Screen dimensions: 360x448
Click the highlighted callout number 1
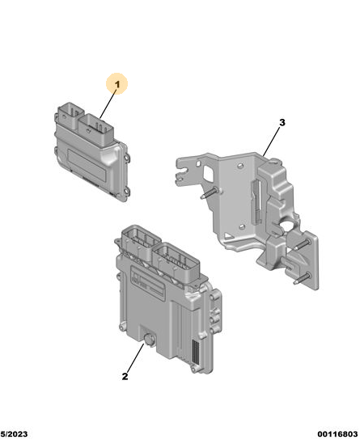click(117, 84)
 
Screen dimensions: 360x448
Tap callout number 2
click(125, 376)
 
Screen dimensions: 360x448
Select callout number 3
click(282, 123)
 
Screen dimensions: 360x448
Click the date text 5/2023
click(14, 434)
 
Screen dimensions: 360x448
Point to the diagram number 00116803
click(337, 434)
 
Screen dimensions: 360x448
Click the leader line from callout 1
click(108, 104)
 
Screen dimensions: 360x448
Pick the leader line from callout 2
click(134, 357)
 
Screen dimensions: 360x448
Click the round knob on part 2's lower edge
click(149, 340)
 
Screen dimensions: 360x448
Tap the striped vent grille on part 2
click(196, 352)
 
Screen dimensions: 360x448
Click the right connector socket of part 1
click(96, 129)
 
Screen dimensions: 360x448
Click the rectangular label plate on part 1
click(87, 166)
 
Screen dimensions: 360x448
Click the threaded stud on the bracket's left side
click(210, 192)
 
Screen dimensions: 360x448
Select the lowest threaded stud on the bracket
click(302, 278)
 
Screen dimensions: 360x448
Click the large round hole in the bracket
click(289, 226)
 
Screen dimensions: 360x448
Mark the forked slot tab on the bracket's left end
click(185, 172)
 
